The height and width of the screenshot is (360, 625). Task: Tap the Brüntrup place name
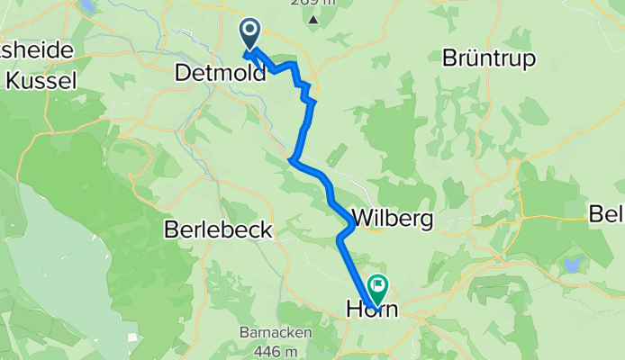[489, 58]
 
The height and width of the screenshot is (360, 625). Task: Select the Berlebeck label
[218, 230]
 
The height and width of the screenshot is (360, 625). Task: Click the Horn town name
[372, 310]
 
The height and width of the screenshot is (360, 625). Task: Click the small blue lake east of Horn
[570, 265]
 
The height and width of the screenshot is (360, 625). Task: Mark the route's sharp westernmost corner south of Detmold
[291, 161]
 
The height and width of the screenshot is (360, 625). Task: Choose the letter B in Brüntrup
[449, 58]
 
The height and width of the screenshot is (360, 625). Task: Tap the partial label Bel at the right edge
[606, 213]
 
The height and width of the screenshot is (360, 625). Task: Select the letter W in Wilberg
[362, 218]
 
